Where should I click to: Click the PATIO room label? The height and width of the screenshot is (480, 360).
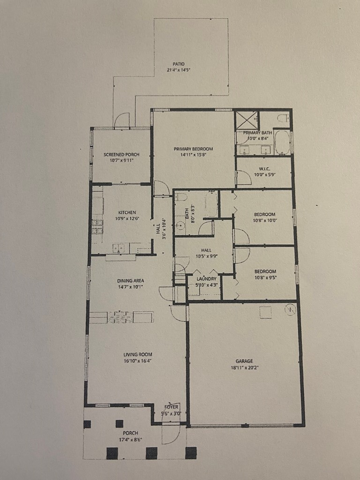178,64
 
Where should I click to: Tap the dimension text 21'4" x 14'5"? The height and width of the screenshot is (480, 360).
178,70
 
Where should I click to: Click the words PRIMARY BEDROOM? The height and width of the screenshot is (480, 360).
193,149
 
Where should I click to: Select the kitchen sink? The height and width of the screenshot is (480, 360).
118,248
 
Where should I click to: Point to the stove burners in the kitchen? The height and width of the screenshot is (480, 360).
97,226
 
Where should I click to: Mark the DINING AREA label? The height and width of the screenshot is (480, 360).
130,281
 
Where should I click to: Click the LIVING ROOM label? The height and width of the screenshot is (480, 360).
137,354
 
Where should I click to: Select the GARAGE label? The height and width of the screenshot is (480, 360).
244,361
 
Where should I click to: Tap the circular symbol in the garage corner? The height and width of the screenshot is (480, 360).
291,309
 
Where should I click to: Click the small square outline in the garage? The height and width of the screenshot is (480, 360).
266,312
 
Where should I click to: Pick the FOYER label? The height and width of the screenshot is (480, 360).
171,407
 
